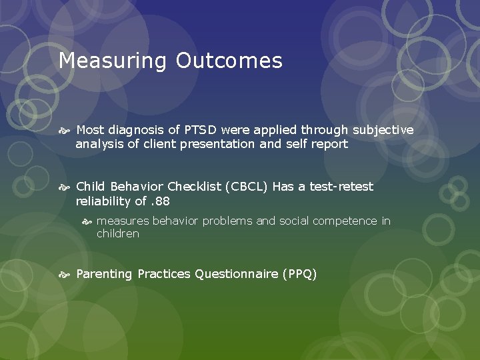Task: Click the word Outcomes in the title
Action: coord(229,61)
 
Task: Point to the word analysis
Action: coord(99,144)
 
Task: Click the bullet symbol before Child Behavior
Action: coord(65,187)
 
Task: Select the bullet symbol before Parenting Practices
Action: coord(65,275)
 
